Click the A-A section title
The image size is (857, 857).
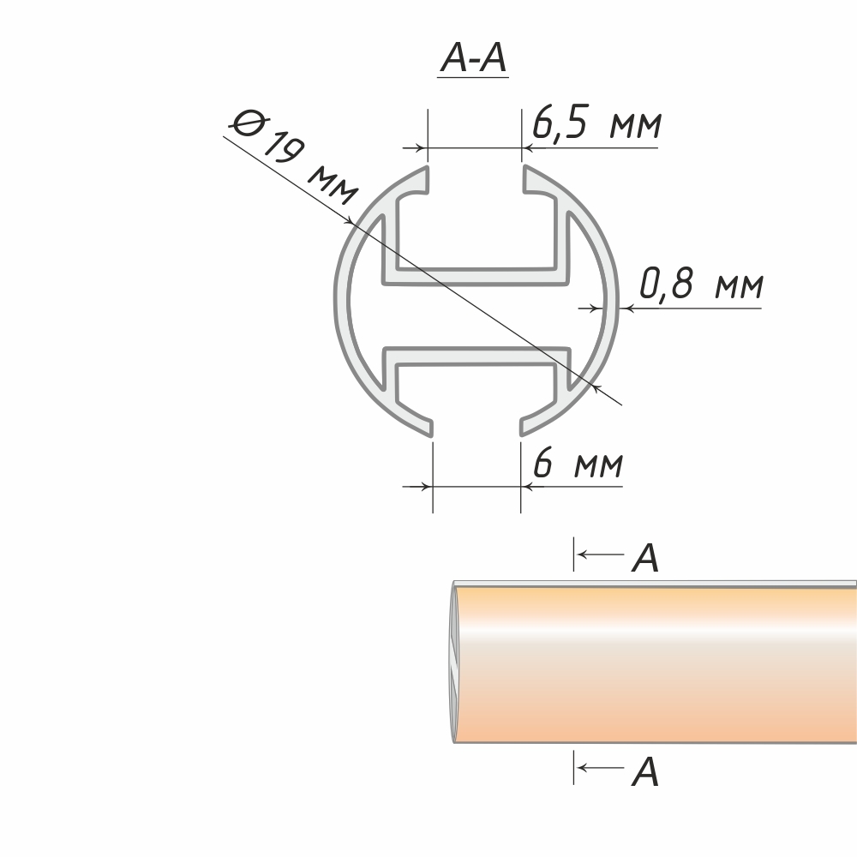point(473,59)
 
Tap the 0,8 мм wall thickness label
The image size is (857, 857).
point(701,284)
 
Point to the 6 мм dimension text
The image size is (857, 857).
point(578,463)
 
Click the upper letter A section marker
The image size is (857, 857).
point(645,558)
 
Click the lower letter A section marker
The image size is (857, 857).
point(645,772)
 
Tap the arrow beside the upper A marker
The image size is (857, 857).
point(600,554)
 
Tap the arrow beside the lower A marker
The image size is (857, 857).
point(600,768)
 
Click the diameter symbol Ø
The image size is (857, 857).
point(247,123)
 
